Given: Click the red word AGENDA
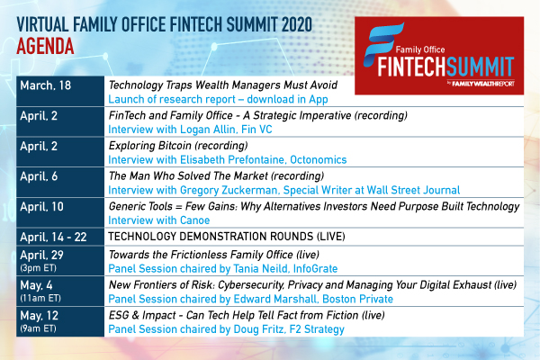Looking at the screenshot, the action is click(x=45, y=46).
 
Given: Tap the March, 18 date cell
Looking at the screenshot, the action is click(x=60, y=91).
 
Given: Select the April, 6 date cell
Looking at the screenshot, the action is click(x=60, y=182).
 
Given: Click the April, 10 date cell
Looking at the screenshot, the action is click(x=60, y=212).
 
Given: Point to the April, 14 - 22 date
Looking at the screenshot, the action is click(x=53, y=237).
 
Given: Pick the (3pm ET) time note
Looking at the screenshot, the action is click(x=38, y=268).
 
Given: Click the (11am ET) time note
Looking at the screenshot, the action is click(x=40, y=298).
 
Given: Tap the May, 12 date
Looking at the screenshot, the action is click(x=40, y=316).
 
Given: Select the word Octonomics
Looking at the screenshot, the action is click(x=319, y=160).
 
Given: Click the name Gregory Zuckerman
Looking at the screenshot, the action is click(x=229, y=190).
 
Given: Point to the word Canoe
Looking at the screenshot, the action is click(x=195, y=220).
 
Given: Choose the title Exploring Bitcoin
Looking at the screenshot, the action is click(x=150, y=146).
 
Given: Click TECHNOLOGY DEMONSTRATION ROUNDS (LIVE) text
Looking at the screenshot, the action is click(x=227, y=237).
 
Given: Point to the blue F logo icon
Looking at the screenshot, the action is click(x=383, y=45).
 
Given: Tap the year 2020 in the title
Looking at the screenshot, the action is click(x=297, y=24).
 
